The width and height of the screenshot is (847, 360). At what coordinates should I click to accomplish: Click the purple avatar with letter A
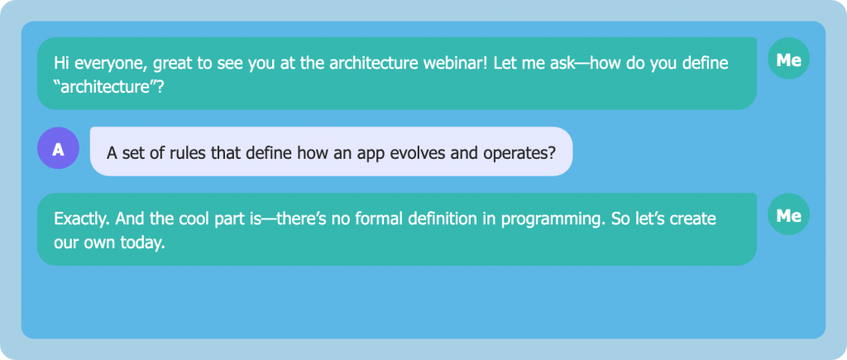click(59, 148)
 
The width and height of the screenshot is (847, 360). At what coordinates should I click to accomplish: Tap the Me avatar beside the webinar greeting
click(788, 59)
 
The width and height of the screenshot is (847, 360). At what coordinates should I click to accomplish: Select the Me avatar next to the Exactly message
click(788, 214)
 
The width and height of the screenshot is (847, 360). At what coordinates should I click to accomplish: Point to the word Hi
click(61, 63)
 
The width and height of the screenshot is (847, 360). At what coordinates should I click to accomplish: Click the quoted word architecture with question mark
click(108, 87)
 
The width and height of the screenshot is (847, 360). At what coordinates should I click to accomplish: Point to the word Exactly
click(81, 220)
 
